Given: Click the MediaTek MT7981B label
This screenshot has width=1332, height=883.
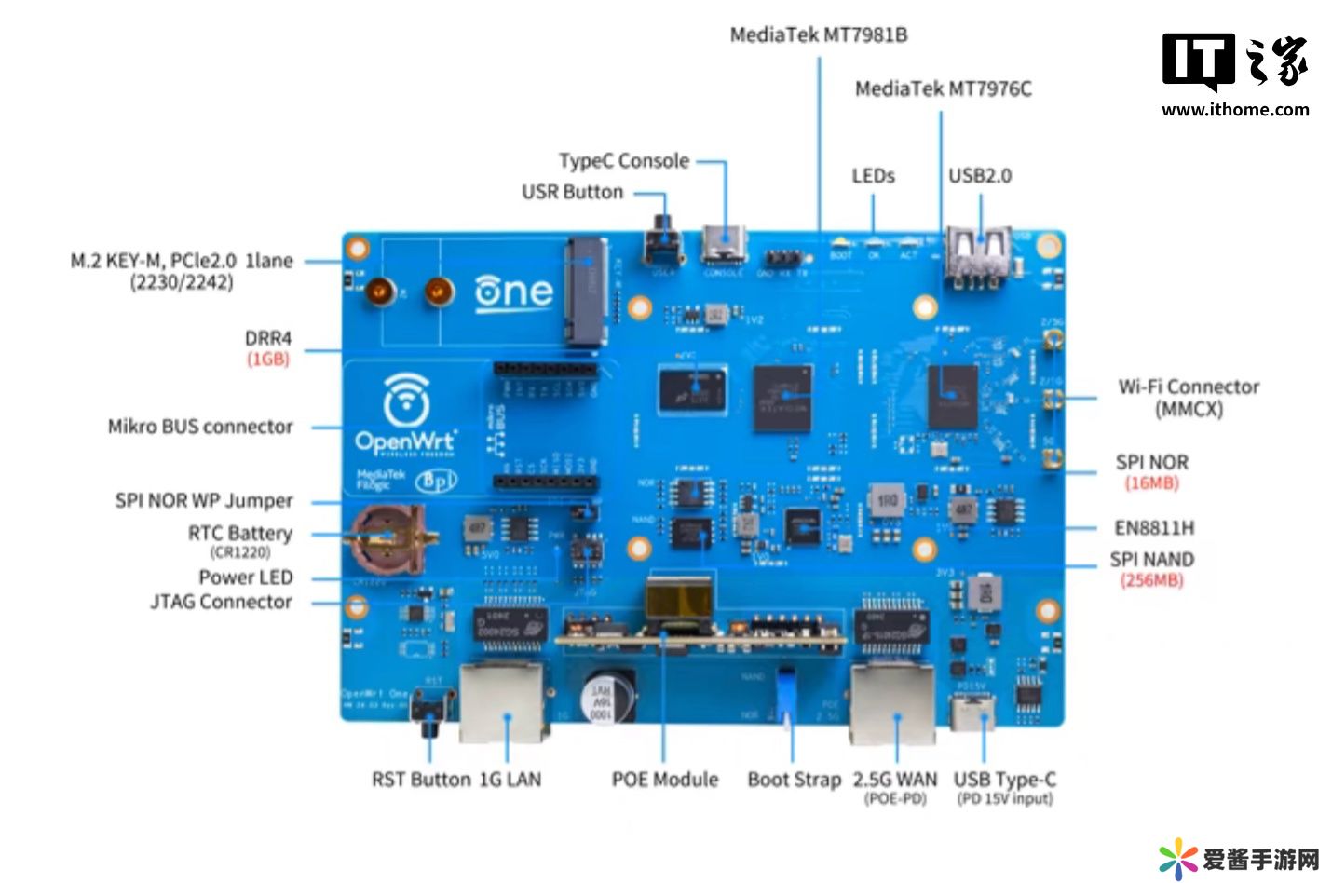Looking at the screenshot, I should [x=818, y=35].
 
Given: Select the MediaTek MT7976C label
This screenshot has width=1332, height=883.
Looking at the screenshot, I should [x=943, y=89].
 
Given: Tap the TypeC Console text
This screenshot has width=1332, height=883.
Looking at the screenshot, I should [x=623, y=161].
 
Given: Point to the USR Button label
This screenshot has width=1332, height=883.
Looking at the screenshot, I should [x=572, y=192].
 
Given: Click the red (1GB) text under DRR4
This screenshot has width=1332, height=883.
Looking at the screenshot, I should [x=268, y=360].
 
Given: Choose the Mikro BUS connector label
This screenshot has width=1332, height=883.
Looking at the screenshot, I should [x=200, y=427].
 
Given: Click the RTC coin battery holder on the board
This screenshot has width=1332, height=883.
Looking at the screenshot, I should [x=387, y=539].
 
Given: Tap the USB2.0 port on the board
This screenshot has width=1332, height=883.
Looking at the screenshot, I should [x=979, y=253].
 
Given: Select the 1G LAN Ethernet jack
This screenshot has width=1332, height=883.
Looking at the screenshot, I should [x=504, y=702].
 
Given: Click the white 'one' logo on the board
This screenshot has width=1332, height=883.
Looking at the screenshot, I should [x=513, y=292].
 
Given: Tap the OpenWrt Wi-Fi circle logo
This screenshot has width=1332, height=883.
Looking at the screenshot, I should [x=406, y=399].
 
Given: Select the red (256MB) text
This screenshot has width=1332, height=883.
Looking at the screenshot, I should [x=1151, y=580].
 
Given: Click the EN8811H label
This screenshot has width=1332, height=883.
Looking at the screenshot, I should [x=1154, y=528].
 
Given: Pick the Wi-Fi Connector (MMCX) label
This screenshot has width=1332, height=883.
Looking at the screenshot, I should [x=1188, y=398].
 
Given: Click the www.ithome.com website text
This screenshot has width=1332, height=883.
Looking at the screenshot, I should [x=1235, y=110].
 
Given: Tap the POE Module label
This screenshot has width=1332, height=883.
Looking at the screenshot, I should [x=664, y=780].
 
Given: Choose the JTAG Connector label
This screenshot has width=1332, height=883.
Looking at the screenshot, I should [x=221, y=602].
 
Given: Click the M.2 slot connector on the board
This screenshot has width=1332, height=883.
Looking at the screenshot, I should [x=588, y=287].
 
